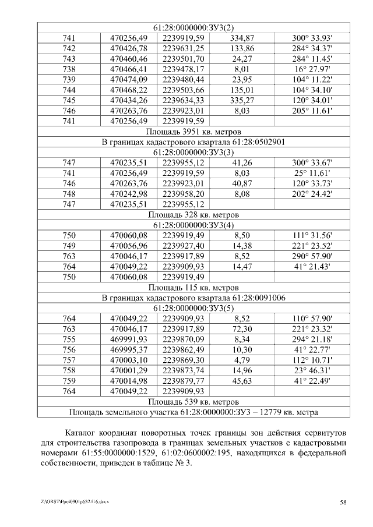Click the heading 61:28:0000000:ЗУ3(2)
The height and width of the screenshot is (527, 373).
click(193, 27)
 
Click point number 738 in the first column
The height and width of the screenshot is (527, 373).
click(69, 69)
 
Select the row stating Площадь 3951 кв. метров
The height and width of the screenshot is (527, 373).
click(193, 132)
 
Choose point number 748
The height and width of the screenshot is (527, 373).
click(69, 194)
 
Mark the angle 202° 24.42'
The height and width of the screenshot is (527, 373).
click(312, 194)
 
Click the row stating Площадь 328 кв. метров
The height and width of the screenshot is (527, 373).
click(193, 215)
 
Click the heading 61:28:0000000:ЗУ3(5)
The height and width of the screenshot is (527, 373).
click(193, 309)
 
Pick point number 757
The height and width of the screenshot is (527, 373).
click(69, 360)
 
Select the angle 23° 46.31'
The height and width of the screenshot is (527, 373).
click(312, 371)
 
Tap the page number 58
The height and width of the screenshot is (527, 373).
click(343, 502)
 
